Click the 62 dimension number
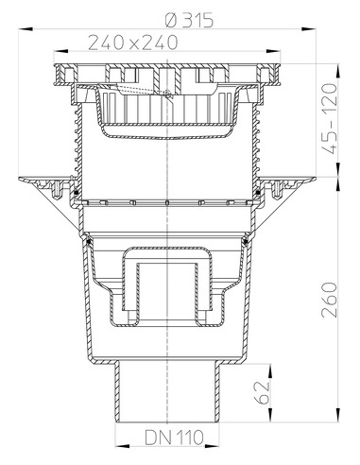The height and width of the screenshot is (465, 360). [x=267, y=390]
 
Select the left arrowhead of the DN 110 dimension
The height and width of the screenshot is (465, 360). [x=117, y=446]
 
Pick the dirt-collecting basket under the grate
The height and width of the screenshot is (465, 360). [x=166, y=112]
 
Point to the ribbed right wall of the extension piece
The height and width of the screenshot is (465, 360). [x=256, y=142]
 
